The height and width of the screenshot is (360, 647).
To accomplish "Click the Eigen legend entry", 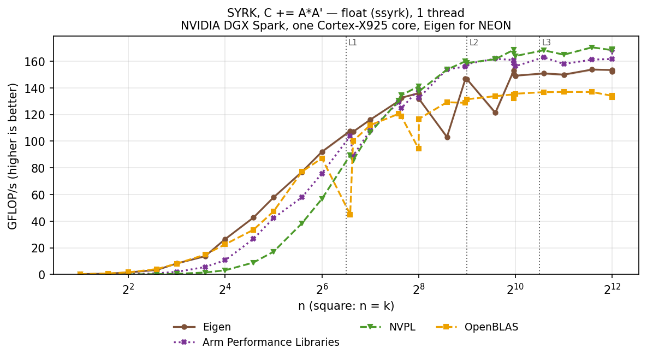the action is [x=202, y=327].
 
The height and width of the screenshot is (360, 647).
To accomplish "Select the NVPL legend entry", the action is [x=388, y=327].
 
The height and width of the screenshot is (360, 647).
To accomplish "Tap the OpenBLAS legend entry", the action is [x=477, y=327].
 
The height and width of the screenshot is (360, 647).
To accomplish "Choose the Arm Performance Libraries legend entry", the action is [x=256, y=343].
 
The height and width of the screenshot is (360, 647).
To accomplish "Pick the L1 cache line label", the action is [x=352, y=42].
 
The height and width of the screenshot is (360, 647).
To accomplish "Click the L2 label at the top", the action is [x=473, y=42].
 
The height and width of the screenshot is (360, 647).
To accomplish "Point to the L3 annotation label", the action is [x=547, y=42].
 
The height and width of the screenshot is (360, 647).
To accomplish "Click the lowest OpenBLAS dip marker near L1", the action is [x=350, y=215].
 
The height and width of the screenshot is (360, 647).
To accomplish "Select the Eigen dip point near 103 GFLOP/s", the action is [x=447, y=137].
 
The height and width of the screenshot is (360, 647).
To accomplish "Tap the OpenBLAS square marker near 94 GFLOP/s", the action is [x=418, y=149].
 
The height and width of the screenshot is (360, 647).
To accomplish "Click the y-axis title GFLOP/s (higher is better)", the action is [x=13, y=156].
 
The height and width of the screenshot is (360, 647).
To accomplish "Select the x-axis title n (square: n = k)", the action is [x=346, y=306].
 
